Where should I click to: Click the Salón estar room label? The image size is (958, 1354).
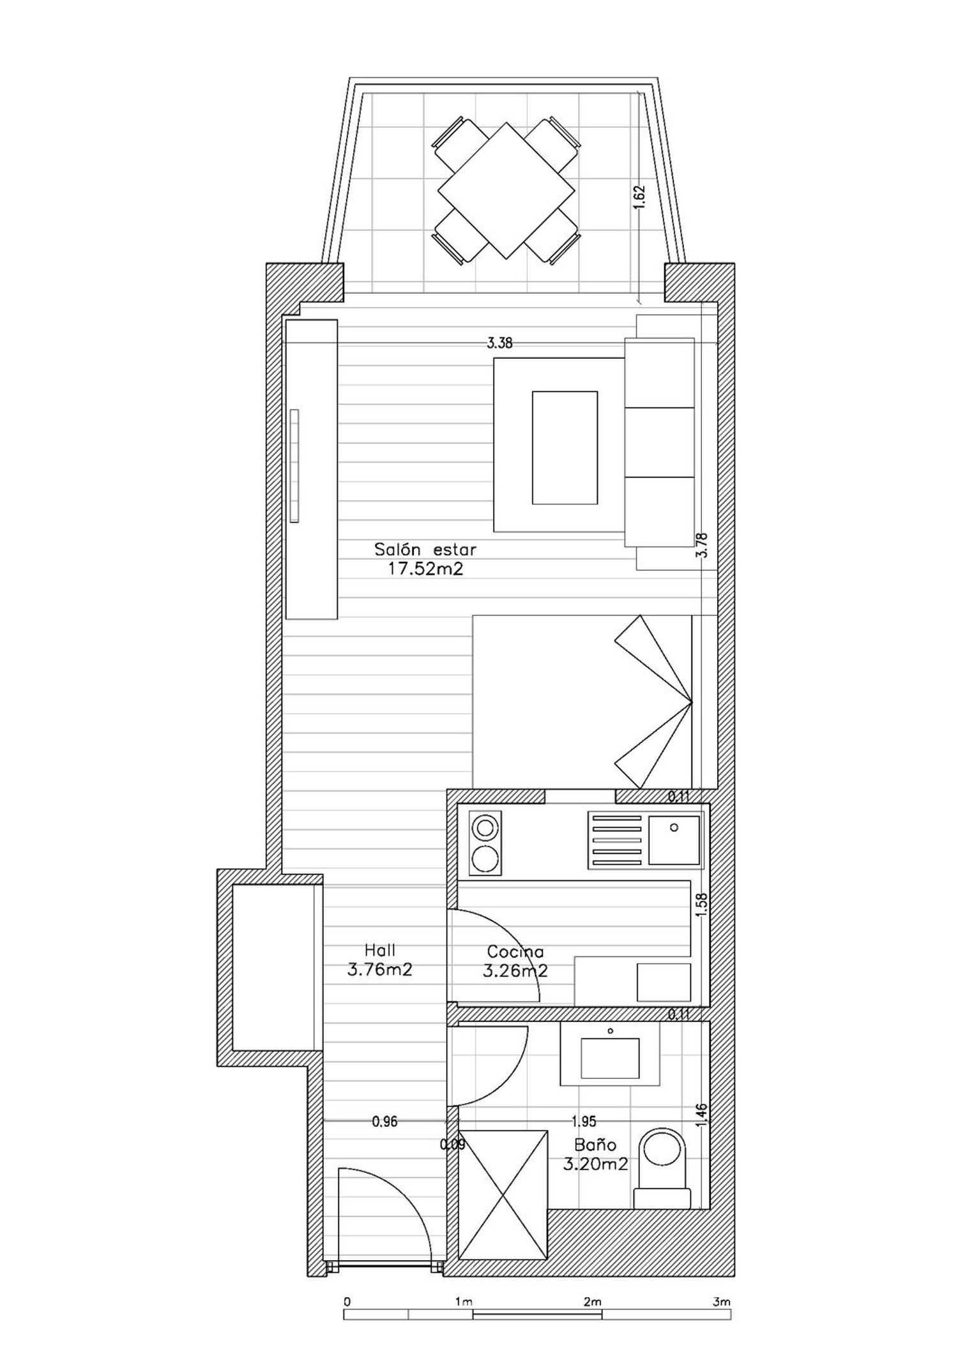[425, 549]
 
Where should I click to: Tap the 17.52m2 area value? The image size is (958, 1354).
[425, 569]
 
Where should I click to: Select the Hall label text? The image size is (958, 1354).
[380, 949]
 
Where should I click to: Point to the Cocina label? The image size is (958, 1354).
[515, 952]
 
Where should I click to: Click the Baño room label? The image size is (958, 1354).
[595, 1145]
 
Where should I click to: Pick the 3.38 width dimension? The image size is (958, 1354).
[499, 343]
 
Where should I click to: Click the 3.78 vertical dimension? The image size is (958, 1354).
[703, 545]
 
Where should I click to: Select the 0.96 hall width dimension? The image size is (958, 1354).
[384, 1122]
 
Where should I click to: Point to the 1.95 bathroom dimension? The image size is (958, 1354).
[584, 1121]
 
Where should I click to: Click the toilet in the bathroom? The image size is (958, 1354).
[662, 1168]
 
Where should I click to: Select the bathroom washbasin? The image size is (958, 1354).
[610, 1057]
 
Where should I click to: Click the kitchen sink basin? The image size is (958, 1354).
[674, 839]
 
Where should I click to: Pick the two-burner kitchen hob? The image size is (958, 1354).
[485, 843]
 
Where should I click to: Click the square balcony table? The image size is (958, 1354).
[506, 190]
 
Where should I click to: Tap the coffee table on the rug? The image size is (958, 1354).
[565, 448]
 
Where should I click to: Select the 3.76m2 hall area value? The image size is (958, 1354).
[380, 970]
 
